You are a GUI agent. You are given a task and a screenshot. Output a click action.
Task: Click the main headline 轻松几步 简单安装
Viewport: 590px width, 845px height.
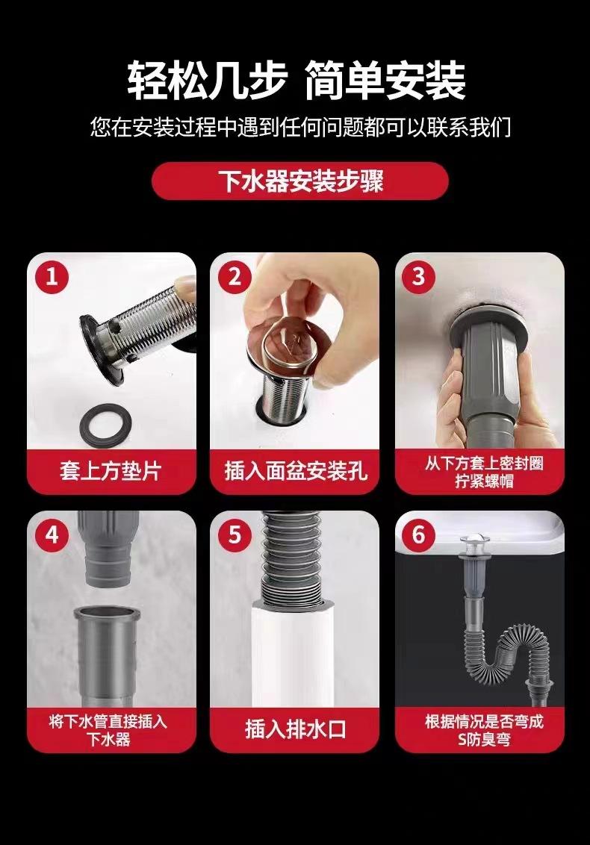(x=296, y=81)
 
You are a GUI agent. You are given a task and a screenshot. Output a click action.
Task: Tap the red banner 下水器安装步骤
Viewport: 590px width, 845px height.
(x=299, y=181)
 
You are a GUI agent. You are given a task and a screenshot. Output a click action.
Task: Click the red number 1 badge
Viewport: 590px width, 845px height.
(x=52, y=277)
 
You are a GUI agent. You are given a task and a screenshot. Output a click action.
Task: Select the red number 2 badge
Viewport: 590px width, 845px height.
(x=235, y=277)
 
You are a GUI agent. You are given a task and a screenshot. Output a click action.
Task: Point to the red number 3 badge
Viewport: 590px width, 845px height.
(x=419, y=277)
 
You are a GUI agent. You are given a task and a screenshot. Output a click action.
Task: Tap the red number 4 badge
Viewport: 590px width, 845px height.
(x=52, y=535)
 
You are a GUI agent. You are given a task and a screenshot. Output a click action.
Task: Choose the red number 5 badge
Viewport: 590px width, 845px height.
(x=235, y=535)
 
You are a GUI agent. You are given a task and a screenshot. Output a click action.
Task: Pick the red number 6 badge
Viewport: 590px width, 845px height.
(x=419, y=535)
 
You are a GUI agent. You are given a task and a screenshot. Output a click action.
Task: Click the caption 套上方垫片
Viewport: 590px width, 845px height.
(x=111, y=471)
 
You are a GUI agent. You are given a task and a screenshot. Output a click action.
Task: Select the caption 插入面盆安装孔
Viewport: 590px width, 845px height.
(x=296, y=471)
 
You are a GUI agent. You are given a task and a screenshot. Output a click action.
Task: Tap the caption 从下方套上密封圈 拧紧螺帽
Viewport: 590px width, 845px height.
(x=484, y=472)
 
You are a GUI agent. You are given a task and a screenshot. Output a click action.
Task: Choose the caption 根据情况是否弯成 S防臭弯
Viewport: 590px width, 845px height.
(x=484, y=730)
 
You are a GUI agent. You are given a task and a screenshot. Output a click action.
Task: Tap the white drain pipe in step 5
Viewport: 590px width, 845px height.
(x=294, y=655)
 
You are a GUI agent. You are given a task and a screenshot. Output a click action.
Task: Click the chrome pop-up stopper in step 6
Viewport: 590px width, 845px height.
(x=471, y=542)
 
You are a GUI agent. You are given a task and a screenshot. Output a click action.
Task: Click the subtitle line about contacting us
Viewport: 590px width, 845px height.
(x=300, y=128)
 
